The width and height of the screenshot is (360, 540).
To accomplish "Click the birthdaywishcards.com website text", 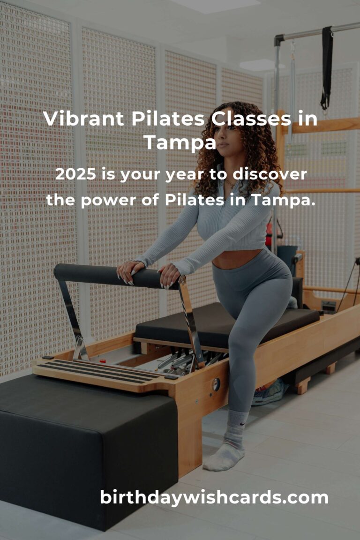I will (214, 497).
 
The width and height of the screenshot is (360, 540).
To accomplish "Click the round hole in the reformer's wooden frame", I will (216, 384).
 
